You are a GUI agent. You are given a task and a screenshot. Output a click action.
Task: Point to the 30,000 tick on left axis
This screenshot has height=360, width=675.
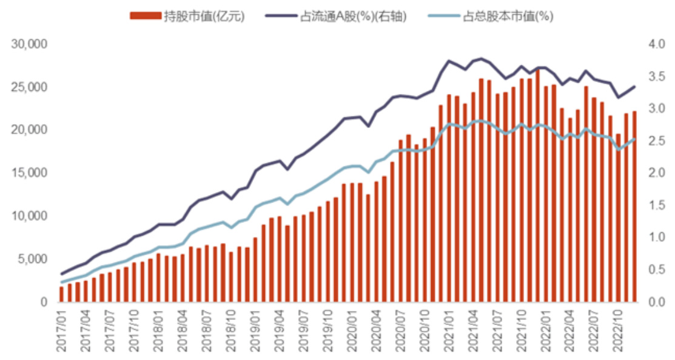(30, 45)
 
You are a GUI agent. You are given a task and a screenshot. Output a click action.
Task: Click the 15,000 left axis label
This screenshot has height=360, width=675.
(30, 173)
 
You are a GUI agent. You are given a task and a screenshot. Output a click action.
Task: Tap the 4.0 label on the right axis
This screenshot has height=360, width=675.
(655, 45)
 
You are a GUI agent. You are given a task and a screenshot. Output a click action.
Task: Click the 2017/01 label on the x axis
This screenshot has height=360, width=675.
(62, 331)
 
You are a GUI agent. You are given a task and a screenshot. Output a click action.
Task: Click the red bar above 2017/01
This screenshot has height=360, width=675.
(61, 294)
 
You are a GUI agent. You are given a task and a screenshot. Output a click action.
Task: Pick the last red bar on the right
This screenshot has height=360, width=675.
(634, 206)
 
